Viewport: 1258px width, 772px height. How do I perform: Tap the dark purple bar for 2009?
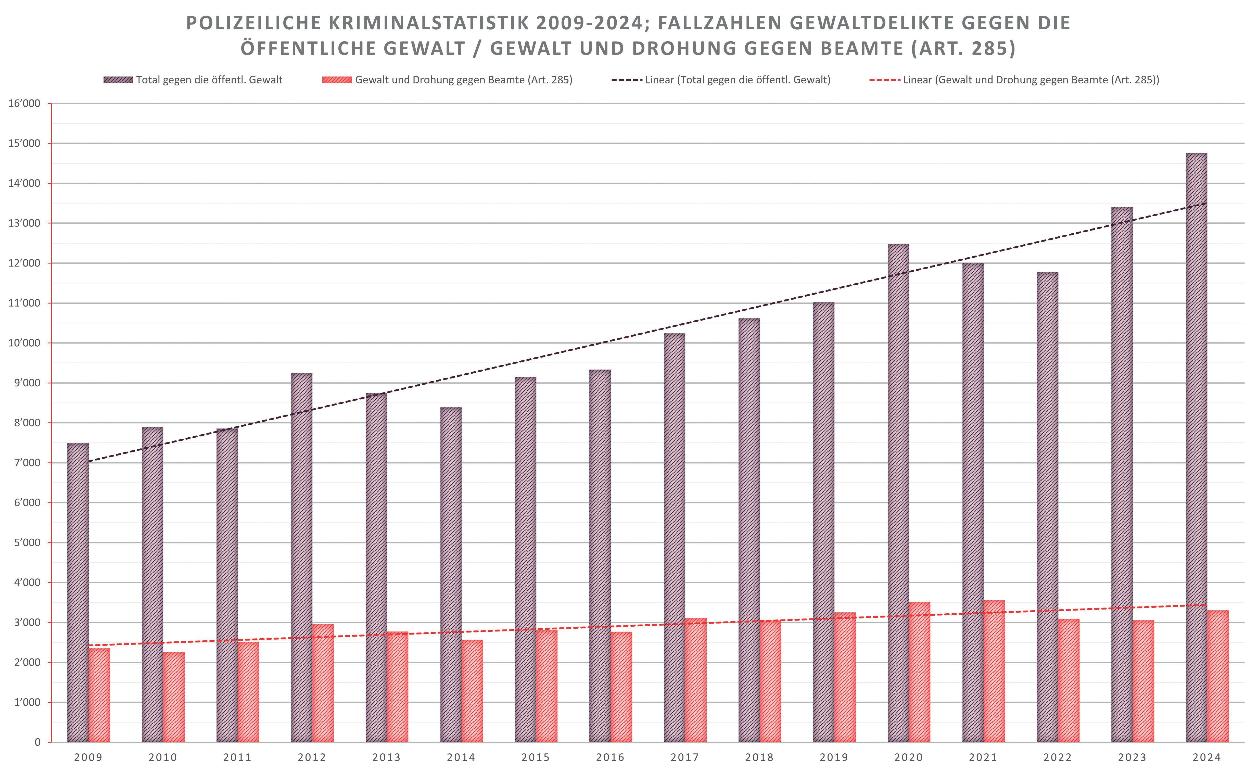click(78, 592)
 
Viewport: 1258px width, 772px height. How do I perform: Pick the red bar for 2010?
click(174, 697)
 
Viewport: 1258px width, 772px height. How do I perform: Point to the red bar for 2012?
click(323, 683)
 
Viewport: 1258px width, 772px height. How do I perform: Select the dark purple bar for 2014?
click(451, 574)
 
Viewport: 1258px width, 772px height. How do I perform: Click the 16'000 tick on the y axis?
click(24, 104)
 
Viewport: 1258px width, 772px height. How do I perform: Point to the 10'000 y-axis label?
click(24, 343)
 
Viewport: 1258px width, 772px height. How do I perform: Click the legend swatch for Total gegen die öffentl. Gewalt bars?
click(118, 80)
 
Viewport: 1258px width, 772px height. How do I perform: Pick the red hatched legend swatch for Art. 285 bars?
click(337, 80)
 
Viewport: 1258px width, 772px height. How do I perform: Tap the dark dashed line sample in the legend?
click(627, 80)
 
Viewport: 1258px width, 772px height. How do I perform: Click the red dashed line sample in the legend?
click(885, 80)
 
